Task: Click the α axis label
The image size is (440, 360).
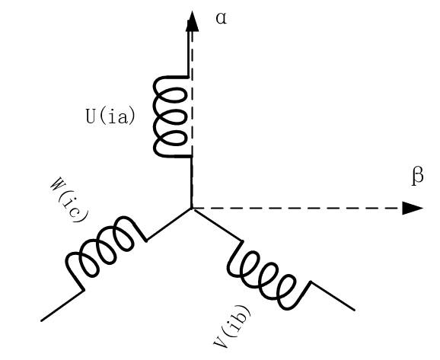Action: [x=222, y=19]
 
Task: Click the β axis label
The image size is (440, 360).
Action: [x=418, y=177]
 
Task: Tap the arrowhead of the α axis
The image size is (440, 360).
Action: [x=193, y=21]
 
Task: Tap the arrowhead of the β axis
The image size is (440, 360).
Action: [x=413, y=209]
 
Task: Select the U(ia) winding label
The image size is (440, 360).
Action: [x=110, y=116]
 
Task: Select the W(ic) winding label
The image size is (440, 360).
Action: [x=69, y=199]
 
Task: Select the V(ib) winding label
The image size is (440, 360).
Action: [x=231, y=326]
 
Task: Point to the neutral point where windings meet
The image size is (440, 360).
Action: [x=192, y=209]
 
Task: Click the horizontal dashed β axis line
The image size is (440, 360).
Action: [x=298, y=209]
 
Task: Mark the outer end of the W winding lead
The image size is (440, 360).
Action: [x=42, y=320]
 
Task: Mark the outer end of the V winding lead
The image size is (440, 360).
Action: [x=355, y=310]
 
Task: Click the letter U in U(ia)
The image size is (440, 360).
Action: [x=91, y=116]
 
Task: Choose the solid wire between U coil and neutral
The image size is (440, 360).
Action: [x=191, y=183]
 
